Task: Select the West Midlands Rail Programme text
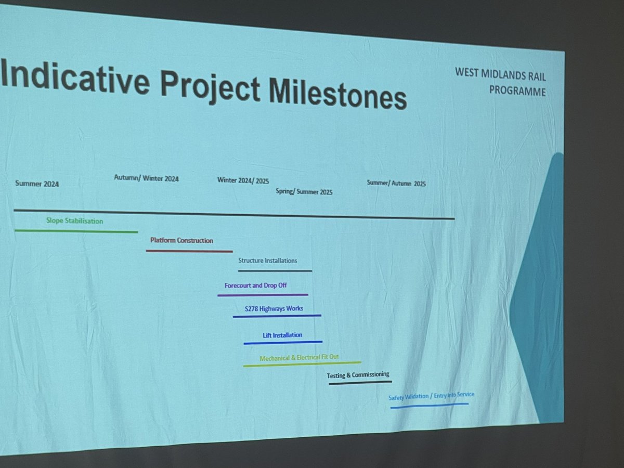pyautogui.click(x=500, y=82)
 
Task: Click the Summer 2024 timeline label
pyautogui.click(x=37, y=184)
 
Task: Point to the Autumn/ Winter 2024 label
pyautogui.click(x=146, y=178)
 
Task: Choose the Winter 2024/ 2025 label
pyautogui.click(x=243, y=181)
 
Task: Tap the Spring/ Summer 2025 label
pyautogui.click(x=304, y=192)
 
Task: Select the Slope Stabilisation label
pyautogui.click(x=74, y=221)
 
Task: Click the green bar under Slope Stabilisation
pyautogui.click(x=76, y=231)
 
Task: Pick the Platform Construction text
pyautogui.click(x=181, y=241)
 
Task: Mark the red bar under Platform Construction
pyautogui.click(x=189, y=251)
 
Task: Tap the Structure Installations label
pyautogui.click(x=267, y=261)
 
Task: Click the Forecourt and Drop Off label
pyautogui.click(x=255, y=285)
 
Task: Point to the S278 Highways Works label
pyautogui.click(x=274, y=309)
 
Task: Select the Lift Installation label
pyautogui.click(x=282, y=335)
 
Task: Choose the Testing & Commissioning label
pyautogui.click(x=358, y=375)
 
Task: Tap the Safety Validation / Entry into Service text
pyautogui.click(x=431, y=397)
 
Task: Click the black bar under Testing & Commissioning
pyautogui.click(x=360, y=383)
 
